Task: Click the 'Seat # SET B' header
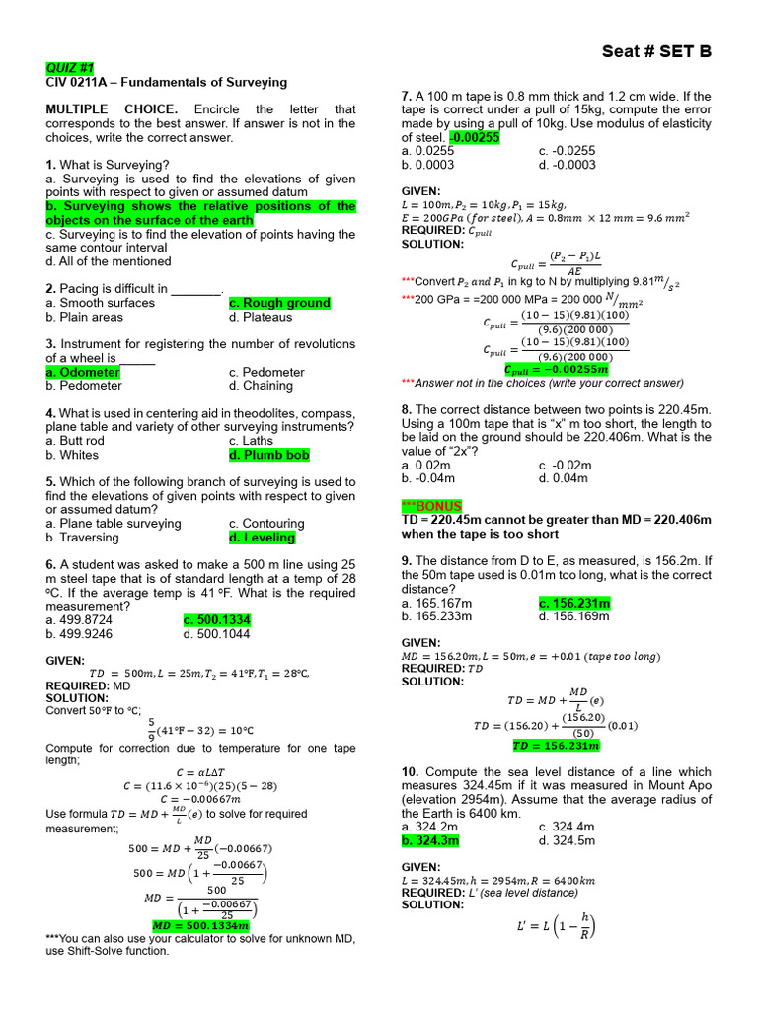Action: pos(655,52)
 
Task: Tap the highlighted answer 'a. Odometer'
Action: pos(83,373)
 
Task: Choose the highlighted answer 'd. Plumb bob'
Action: pos(268,456)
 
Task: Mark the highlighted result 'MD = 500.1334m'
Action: pos(200,926)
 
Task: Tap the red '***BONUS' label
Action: pos(431,506)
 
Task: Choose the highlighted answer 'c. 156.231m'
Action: pos(574,603)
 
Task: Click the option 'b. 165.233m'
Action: pos(437,616)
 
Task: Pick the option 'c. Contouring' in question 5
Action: pos(266,524)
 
